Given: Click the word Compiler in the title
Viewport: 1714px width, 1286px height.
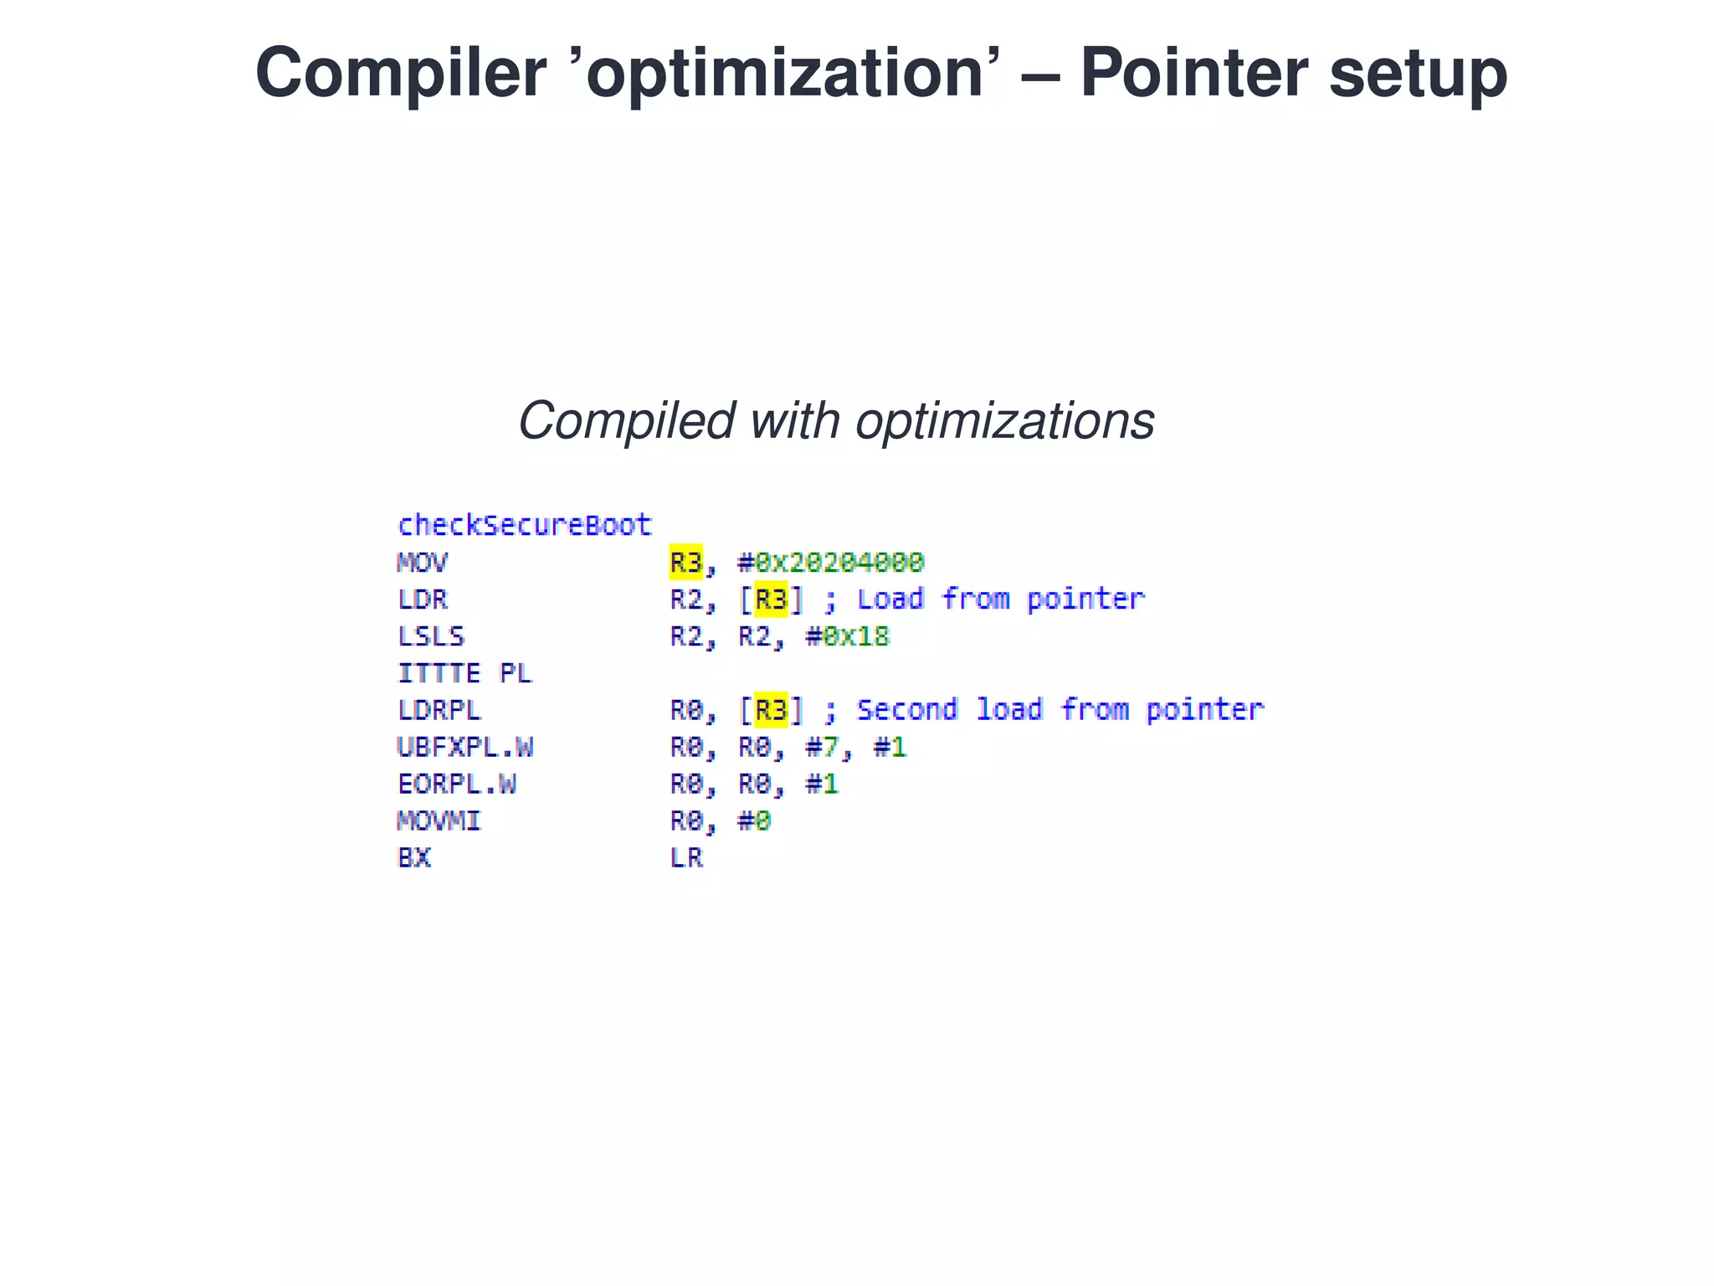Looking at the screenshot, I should click(x=400, y=74).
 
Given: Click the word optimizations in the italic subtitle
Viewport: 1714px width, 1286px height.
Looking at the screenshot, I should click(x=1004, y=420).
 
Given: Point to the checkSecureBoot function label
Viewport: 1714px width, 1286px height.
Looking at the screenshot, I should click(x=524, y=525).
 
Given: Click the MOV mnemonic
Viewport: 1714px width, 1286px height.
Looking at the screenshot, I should click(x=422, y=562).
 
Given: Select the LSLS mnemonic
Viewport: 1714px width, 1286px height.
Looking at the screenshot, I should click(x=430, y=636).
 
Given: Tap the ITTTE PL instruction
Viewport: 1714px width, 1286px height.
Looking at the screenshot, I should click(x=464, y=673).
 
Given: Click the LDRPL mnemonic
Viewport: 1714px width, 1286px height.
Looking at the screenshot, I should click(x=439, y=710).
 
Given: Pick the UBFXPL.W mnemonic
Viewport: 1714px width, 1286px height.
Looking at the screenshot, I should click(x=464, y=747).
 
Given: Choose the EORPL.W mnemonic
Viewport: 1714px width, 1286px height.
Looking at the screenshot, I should click(x=456, y=784).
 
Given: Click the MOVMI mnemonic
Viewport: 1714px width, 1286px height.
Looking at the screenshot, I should click(x=439, y=820).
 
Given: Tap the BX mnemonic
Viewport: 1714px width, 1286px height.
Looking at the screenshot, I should click(x=413, y=857).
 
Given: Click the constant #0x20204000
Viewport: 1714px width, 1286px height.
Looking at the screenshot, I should click(x=830, y=562).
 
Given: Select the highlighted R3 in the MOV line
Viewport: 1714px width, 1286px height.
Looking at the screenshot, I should click(x=685, y=562).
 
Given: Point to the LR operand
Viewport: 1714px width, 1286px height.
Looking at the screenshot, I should click(x=686, y=857).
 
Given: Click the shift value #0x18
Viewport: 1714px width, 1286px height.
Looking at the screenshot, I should click(x=847, y=636).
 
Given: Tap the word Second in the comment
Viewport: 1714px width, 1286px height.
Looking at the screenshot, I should click(x=906, y=710).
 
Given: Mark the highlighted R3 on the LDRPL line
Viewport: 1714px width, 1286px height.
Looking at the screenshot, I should click(x=771, y=710).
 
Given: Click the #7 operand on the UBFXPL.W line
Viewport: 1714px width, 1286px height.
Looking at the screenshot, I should click(x=822, y=747).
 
